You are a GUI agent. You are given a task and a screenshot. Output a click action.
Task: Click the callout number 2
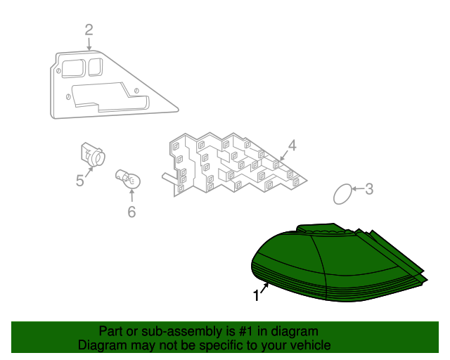pyautogui.click(x=89, y=30)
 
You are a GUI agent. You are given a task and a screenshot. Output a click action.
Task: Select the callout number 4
pyautogui.click(x=292, y=146)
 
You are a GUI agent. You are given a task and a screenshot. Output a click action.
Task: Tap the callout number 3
pyautogui.click(x=369, y=189)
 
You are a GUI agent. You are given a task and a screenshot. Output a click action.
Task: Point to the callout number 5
pyautogui.click(x=79, y=181)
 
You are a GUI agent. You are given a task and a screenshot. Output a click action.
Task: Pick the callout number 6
pyautogui.click(x=131, y=212)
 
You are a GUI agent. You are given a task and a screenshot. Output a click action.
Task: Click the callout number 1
pyautogui.click(x=256, y=296)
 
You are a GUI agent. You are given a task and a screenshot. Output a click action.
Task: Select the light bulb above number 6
pyautogui.click(x=128, y=179)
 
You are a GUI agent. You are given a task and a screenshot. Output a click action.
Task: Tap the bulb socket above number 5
pyautogui.click(x=93, y=154)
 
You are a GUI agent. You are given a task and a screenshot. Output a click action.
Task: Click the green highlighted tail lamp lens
pyautogui.click(x=339, y=263)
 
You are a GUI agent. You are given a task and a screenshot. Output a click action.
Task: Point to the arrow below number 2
pyautogui.click(x=89, y=44)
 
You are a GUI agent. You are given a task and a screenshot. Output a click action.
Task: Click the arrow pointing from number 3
pyautogui.click(x=358, y=188)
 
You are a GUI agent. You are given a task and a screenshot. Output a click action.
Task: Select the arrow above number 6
pyautogui.click(x=131, y=195)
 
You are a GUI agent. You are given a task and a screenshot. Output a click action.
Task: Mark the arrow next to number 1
pyautogui.click(x=265, y=288)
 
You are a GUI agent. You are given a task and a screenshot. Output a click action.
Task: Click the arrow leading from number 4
pyautogui.click(x=283, y=156)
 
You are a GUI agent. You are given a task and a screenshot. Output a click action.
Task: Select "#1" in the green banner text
pyautogui.click(x=246, y=331)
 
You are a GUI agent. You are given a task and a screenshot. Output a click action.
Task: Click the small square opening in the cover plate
pyautogui.click(x=95, y=67)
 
